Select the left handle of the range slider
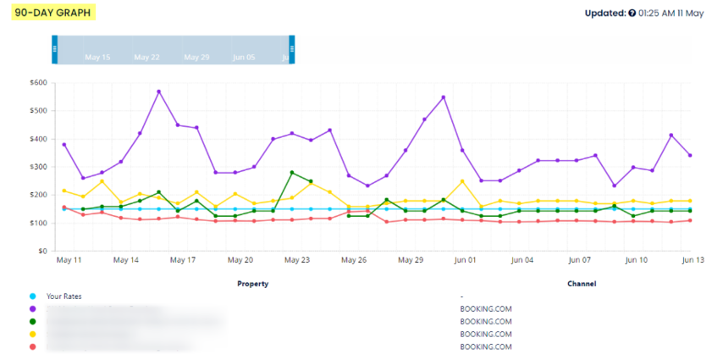point(55,49)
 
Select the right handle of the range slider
point(292,49)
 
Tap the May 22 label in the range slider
point(147,58)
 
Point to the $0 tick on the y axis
point(40,251)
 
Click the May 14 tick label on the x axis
point(125,260)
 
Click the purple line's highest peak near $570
point(158,91)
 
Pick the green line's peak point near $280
point(292,173)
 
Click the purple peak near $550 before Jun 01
point(443,97)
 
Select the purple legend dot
point(33,309)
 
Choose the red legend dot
point(33,346)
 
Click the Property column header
point(252,284)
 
